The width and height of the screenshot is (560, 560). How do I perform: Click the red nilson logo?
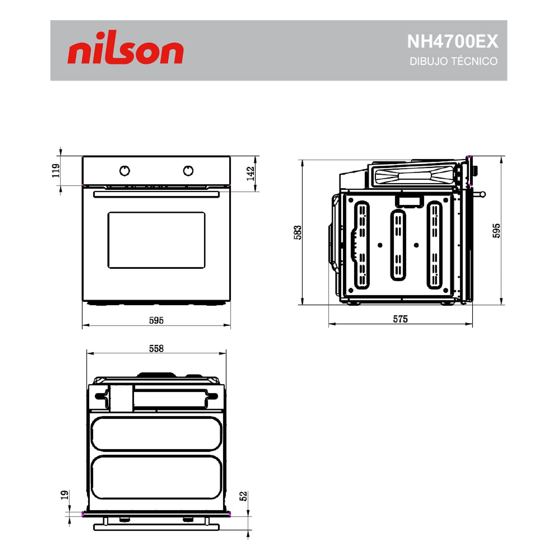coord(125,48)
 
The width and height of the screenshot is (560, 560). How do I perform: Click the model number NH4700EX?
coord(452,41)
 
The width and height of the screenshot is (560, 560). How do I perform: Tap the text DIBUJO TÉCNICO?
coord(453,61)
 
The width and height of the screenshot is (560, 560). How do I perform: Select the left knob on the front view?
coord(125,171)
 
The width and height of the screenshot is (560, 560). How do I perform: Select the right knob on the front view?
coord(188,170)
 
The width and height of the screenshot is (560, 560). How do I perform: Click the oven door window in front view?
coord(156,240)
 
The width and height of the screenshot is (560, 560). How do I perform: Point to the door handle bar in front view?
coord(156,194)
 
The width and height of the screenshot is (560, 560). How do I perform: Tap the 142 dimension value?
coord(250,173)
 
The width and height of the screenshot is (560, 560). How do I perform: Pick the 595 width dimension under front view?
coord(156,320)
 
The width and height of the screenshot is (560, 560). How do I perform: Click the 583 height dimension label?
coord(298,232)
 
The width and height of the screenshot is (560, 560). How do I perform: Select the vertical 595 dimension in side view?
coord(496,231)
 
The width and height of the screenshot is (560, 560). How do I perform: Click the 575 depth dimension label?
coord(400,319)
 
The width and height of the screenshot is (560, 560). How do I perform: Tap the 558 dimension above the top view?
coord(156,348)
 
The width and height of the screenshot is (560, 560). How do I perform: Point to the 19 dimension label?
coord(64,495)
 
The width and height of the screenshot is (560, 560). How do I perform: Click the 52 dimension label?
coord(243,496)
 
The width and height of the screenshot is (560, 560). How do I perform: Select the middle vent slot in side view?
coord(398,245)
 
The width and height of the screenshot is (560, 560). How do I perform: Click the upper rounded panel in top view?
coord(156,434)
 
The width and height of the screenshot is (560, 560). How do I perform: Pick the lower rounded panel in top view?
coord(156,477)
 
